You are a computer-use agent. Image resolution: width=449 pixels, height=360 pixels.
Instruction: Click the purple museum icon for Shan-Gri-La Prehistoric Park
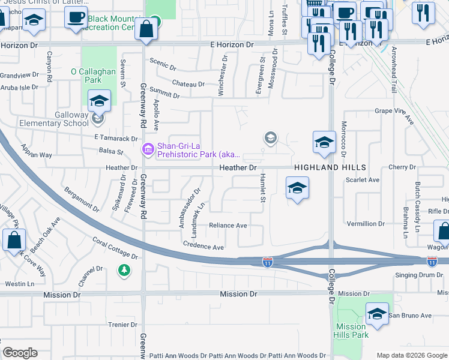[x=147, y=149]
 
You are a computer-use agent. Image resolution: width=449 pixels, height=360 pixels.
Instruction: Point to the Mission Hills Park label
[x=352, y=331]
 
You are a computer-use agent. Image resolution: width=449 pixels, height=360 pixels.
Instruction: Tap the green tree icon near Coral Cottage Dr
[x=124, y=271]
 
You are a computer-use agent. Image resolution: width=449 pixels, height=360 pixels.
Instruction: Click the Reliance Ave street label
[x=228, y=226]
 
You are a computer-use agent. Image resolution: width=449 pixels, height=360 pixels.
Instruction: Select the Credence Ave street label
[x=203, y=247]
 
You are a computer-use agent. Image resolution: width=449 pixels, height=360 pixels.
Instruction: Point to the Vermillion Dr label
[x=366, y=224]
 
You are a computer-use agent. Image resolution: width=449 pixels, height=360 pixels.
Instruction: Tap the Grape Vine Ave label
[x=394, y=111]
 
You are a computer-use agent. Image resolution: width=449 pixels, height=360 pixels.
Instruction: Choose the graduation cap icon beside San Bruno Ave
[x=377, y=314]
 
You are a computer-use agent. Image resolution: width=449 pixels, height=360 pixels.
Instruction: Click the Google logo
[x=20, y=353]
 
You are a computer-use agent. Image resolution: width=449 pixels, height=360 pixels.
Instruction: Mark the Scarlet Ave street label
[x=366, y=180]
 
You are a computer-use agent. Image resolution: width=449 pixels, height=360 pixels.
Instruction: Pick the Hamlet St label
[x=263, y=188]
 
